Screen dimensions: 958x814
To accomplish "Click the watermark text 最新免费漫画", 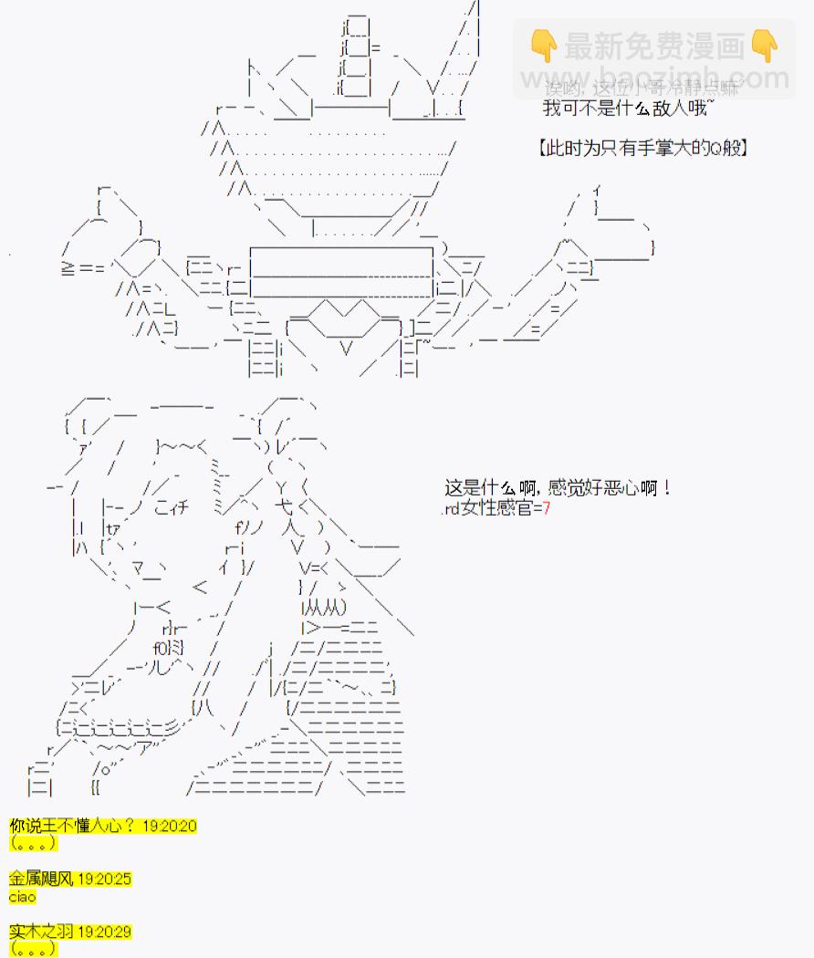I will pos(653,44).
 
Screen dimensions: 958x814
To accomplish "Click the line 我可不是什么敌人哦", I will pos(627,109).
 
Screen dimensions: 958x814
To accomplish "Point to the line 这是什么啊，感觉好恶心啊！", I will pos(558,488).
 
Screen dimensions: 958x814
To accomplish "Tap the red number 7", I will pos(547,508).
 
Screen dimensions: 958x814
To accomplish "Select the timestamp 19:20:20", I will pos(170,826).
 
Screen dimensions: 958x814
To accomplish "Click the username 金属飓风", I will pos(42,879).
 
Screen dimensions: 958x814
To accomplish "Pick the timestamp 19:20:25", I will pos(104,879).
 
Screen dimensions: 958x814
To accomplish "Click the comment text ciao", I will pos(23,896).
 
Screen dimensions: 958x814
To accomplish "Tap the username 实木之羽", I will pos(42,932).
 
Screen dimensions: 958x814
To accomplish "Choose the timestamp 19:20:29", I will pos(104,932).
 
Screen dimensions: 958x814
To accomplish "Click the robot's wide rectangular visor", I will pos(341,270).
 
